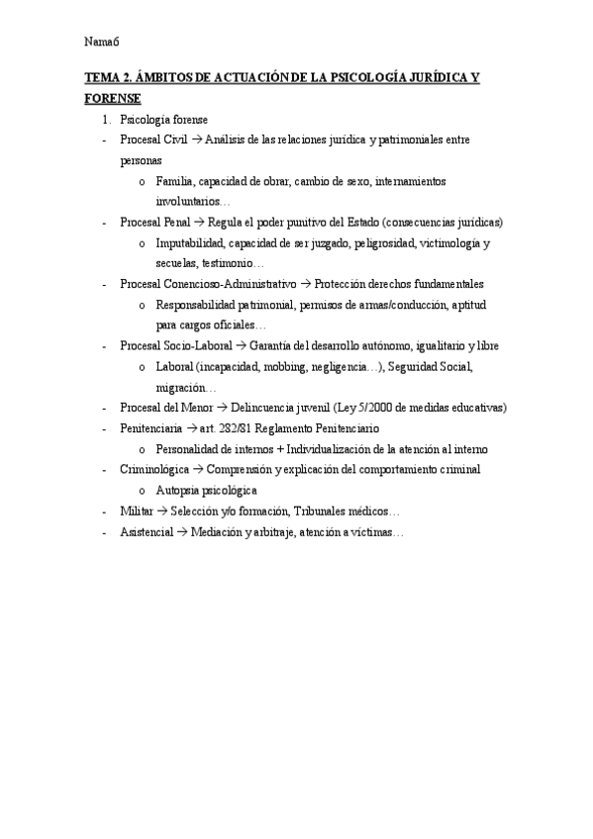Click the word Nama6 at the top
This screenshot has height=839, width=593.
(x=102, y=42)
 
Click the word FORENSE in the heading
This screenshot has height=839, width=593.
(x=113, y=99)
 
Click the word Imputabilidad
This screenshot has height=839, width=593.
(x=190, y=243)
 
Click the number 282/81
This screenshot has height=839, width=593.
(x=240, y=428)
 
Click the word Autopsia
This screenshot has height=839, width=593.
(x=178, y=490)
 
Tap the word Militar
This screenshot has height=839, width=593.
(x=137, y=512)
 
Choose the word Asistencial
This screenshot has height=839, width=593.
(x=145, y=532)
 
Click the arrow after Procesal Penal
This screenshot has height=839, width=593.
(x=199, y=223)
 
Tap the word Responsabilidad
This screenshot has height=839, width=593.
(x=197, y=305)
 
